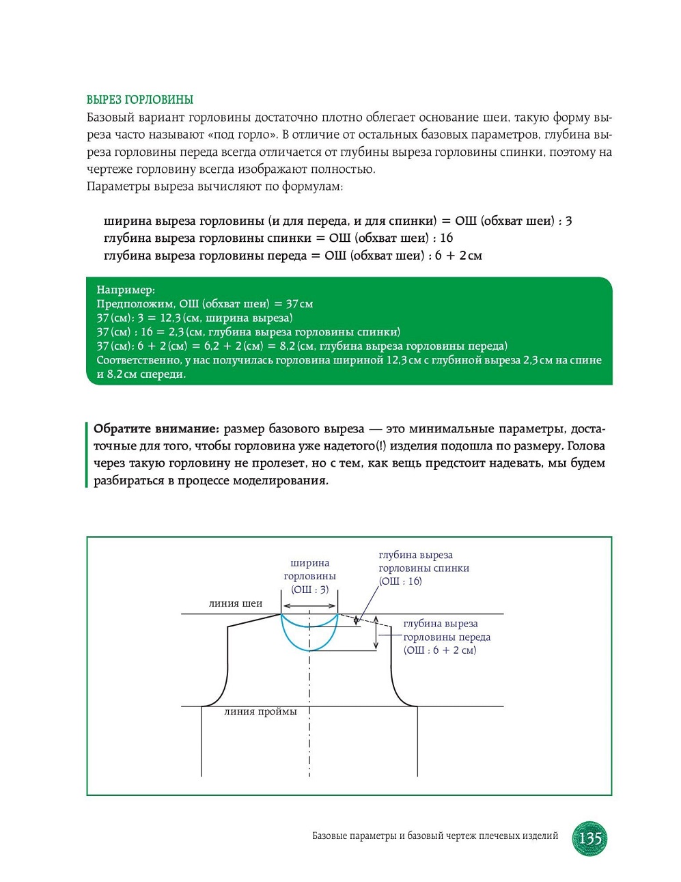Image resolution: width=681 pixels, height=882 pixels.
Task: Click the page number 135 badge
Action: pos(589,838)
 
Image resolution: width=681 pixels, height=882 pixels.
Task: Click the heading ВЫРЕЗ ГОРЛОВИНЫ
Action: pos(140,100)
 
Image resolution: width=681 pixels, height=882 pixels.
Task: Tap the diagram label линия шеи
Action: pos(235,603)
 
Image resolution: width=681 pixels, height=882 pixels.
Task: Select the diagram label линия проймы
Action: pos(260,711)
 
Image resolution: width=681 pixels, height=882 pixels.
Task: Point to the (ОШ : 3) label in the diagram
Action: pos(309,589)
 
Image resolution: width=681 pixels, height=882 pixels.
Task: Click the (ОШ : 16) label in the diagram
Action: pos(400,581)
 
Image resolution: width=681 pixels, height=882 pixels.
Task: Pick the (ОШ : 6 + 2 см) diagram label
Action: pos(439,650)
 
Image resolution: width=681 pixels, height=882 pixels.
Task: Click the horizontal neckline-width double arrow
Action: pos(309,606)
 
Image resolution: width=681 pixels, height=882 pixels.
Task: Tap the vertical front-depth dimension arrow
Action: pos(375,633)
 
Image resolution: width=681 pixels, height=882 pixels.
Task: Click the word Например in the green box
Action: pos(125,290)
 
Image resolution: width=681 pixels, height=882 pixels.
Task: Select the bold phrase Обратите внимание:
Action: pos(156,429)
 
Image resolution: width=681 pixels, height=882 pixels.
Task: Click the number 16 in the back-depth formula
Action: pos(446,238)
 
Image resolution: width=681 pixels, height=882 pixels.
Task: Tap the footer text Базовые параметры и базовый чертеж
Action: pos(434,836)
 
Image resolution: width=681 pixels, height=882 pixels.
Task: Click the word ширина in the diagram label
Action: pos(309,563)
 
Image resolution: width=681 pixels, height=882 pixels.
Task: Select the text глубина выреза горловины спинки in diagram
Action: pos(423,562)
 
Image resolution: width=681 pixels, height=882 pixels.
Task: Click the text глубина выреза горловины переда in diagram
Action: pos(446,630)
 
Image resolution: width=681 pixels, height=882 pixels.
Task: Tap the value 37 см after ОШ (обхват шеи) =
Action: pos(299,303)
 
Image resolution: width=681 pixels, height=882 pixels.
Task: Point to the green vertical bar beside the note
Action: pos(87,454)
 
